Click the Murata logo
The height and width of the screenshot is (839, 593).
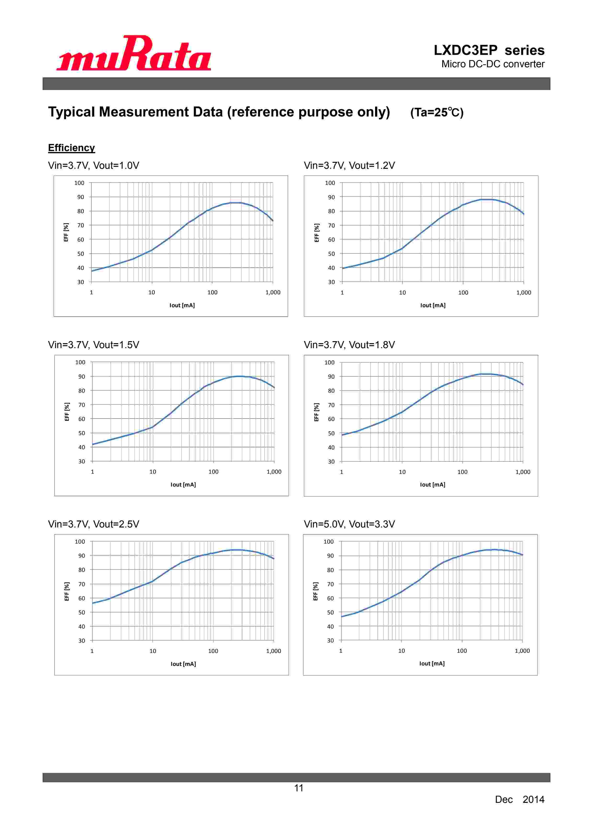tap(134, 53)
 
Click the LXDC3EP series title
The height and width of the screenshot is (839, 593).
tap(488, 50)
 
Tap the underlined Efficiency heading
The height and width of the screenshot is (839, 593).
tap(71, 148)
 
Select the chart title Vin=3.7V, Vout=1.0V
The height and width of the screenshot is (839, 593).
tap(94, 165)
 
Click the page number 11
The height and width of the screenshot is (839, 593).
tap(299, 788)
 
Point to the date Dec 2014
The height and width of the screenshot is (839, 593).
tap(519, 799)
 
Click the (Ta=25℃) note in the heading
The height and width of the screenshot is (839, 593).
tap(437, 112)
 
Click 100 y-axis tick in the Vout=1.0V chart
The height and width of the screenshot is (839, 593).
tap(79, 183)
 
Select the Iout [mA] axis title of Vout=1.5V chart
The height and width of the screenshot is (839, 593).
tap(183, 485)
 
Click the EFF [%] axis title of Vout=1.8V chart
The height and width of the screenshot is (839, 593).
tap(316, 412)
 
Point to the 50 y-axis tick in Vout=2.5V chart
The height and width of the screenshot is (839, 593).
tap(81, 612)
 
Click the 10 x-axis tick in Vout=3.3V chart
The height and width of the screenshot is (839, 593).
tap(401, 651)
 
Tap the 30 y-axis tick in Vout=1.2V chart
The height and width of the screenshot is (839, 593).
tap(331, 282)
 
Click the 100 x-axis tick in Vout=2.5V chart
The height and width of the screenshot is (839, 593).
tap(213, 651)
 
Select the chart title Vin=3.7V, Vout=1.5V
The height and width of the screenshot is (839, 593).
tap(94, 345)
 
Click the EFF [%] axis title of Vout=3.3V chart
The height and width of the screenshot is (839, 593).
tap(316, 591)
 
